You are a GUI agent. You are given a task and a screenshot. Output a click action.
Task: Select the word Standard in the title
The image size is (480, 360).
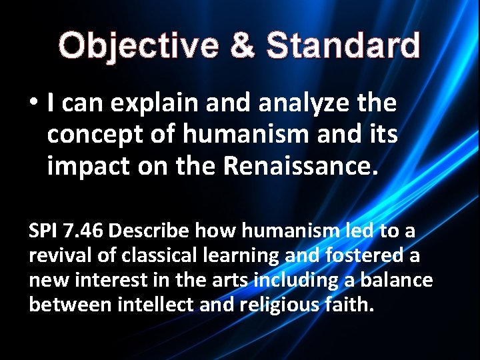click(343, 45)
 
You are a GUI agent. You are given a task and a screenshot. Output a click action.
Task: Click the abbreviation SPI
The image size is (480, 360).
click(44, 231)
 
